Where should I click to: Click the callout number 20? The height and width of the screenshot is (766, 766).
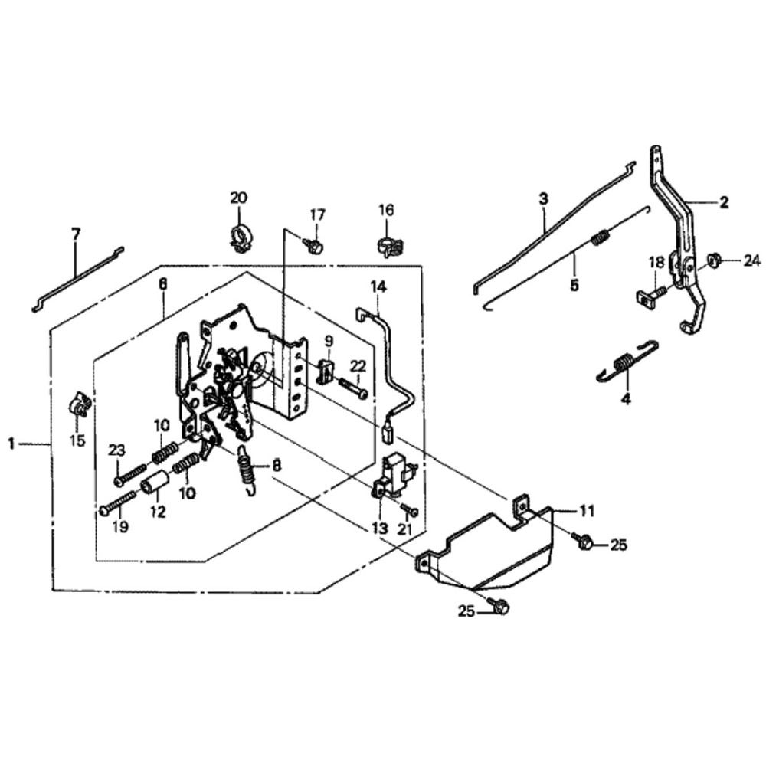coord(238,198)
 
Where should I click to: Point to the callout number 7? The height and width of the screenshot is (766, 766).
coord(75,234)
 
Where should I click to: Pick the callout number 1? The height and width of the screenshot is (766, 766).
coord(11,444)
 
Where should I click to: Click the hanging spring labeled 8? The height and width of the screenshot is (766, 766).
coord(247,467)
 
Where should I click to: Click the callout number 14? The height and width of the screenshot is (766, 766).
coord(379,287)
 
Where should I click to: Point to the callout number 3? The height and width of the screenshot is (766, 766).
coord(543,199)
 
